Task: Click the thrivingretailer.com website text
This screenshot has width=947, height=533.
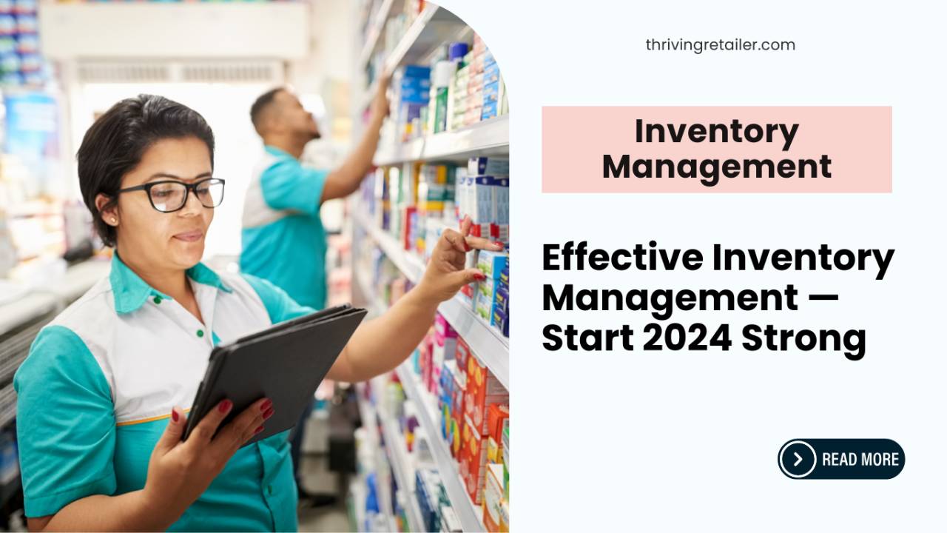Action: click(720, 44)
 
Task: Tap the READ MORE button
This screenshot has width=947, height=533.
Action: click(841, 459)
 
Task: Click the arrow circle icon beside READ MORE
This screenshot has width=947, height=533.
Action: click(798, 459)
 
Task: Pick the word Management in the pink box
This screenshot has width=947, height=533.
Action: click(716, 167)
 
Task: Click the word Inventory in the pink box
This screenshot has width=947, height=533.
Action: click(716, 133)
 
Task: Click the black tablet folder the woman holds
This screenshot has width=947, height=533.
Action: click(274, 370)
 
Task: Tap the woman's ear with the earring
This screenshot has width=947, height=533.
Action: click(109, 211)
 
